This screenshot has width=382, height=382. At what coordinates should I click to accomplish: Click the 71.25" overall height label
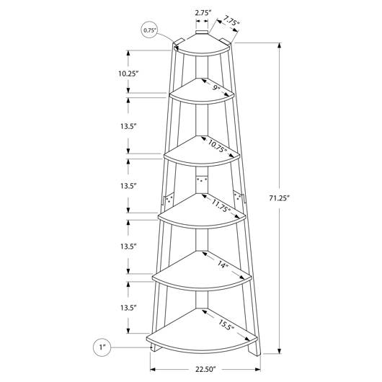[x=279, y=198]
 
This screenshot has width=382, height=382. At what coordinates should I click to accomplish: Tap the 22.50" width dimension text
[x=205, y=369]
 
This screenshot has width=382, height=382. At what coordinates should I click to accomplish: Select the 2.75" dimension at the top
[x=203, y=13]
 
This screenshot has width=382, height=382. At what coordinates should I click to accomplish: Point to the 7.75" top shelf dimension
[x=231, y=21]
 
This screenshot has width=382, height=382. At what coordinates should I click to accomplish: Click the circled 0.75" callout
[x=150, y=30]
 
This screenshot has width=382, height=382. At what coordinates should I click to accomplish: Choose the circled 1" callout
[x=102, y=347]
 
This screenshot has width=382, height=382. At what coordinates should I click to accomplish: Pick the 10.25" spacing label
[x=128, y=74]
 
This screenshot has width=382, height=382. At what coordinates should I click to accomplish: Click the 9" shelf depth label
[x=216, y=87]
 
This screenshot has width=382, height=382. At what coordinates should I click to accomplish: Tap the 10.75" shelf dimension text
[x=218, y=146]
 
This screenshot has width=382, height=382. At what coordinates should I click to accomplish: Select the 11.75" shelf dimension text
[x=221, y=206]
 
